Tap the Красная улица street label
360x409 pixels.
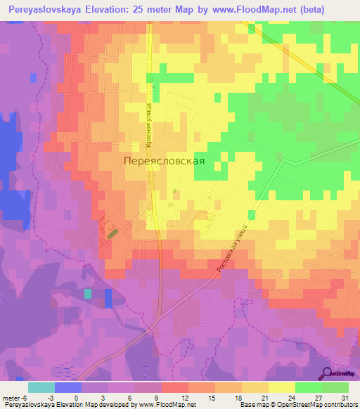[150, 124]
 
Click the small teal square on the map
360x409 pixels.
[88, 293]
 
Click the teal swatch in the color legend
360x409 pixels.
[41, 387]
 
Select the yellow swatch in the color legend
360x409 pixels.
[282, 387]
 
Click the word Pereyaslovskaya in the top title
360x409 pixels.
[49, 8]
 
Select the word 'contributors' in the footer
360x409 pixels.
[340, 405]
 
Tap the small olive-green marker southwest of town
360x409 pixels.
[112, 231]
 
